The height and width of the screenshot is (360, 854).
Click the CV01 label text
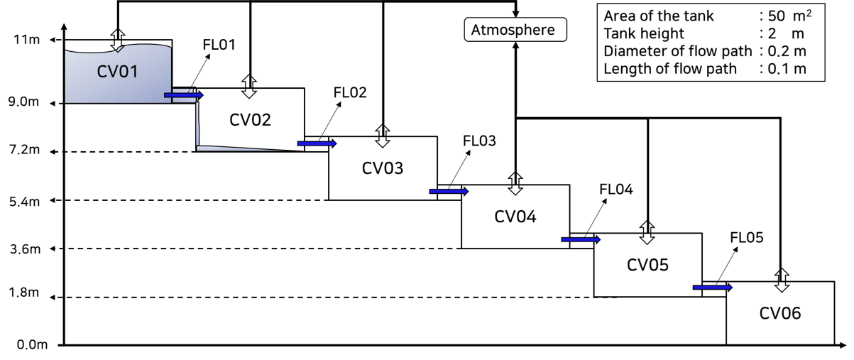tap(118, 72)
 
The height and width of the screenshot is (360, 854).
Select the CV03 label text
tap(383, 168)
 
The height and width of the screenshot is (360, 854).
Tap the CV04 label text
tap(515, 217)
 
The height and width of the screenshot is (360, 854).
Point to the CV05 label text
tap(647, 265)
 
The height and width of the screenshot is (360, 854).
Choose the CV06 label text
tap(780, 313)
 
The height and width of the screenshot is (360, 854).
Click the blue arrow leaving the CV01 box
tap(183, 95)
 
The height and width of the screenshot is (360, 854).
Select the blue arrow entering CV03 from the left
tap(317, 143)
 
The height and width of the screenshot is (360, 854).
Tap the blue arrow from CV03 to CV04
tap(449, 192)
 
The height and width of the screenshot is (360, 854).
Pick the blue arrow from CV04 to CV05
tap(581, 240)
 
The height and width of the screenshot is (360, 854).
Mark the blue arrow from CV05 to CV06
tap(712, 288)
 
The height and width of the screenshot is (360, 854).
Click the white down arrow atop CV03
tap(383, 143)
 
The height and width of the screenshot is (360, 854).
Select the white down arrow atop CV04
tap(515, 190)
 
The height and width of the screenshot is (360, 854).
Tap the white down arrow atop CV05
tap(647, 239)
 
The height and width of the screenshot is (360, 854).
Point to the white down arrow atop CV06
tap(782, 287)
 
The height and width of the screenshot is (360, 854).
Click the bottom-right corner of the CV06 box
tap(833, 343)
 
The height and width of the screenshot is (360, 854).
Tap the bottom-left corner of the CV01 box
tap(66, 102)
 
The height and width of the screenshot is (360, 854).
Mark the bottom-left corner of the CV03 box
tap(330, 199)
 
